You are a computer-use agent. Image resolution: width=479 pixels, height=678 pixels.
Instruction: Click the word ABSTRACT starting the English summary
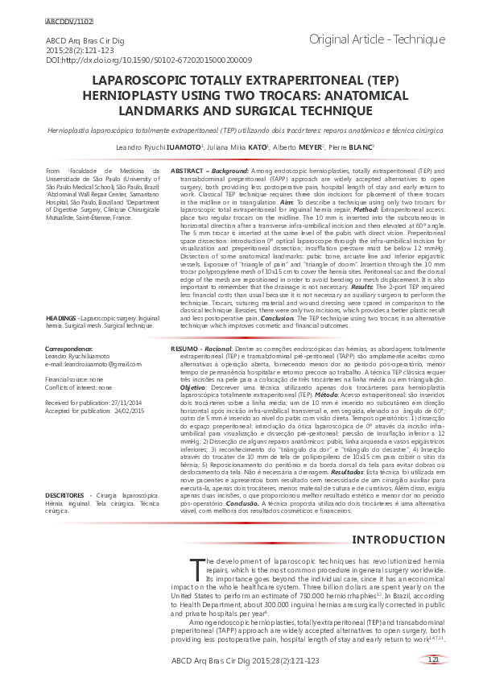tap(188, 172)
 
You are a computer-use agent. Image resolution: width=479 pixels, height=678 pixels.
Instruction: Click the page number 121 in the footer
tap(432, 659)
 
